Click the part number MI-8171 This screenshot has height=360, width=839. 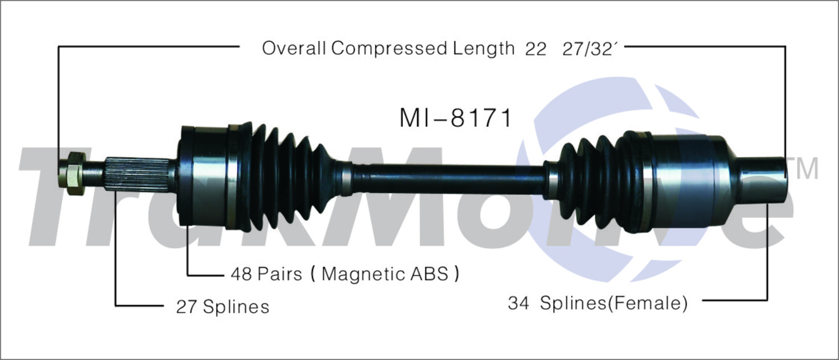(455, 119)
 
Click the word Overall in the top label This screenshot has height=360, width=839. (294, 48)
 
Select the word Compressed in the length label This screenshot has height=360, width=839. (389, 48)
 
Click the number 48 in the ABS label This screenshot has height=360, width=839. (241, 274)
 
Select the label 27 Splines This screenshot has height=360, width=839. (223, 307)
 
